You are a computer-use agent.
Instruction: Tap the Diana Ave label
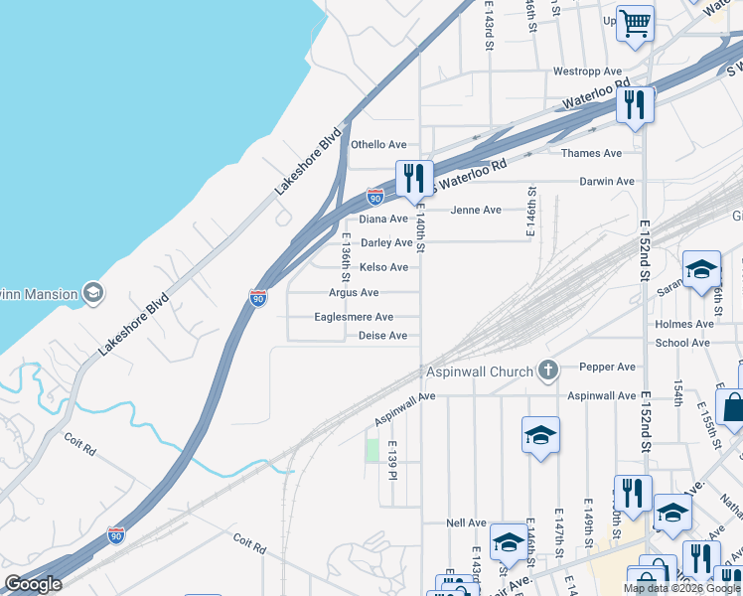tap(383, 220)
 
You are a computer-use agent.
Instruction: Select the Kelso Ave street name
tap(383, 267)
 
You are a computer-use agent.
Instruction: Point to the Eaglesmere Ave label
tap(354, 317)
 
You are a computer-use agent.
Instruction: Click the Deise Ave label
tap(382, 336)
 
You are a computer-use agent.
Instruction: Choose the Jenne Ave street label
tap(476, 210)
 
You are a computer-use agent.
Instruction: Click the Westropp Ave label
tap(587, 72)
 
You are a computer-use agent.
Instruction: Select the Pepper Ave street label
tap(608, 367)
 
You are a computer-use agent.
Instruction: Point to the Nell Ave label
tap(466, 522)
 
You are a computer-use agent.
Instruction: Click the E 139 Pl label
tap(393, 461)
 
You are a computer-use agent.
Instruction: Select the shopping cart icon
tap(635, 22)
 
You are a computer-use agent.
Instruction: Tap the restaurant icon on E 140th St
tap(414, 179)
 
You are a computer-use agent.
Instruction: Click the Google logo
tap(33, 584)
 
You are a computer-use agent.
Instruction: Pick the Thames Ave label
tap(591, 153)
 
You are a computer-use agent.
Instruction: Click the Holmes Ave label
tap(684, 324)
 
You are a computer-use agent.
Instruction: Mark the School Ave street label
tap(682, 343)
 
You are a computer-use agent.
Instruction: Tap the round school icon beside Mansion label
tap(93, 292)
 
